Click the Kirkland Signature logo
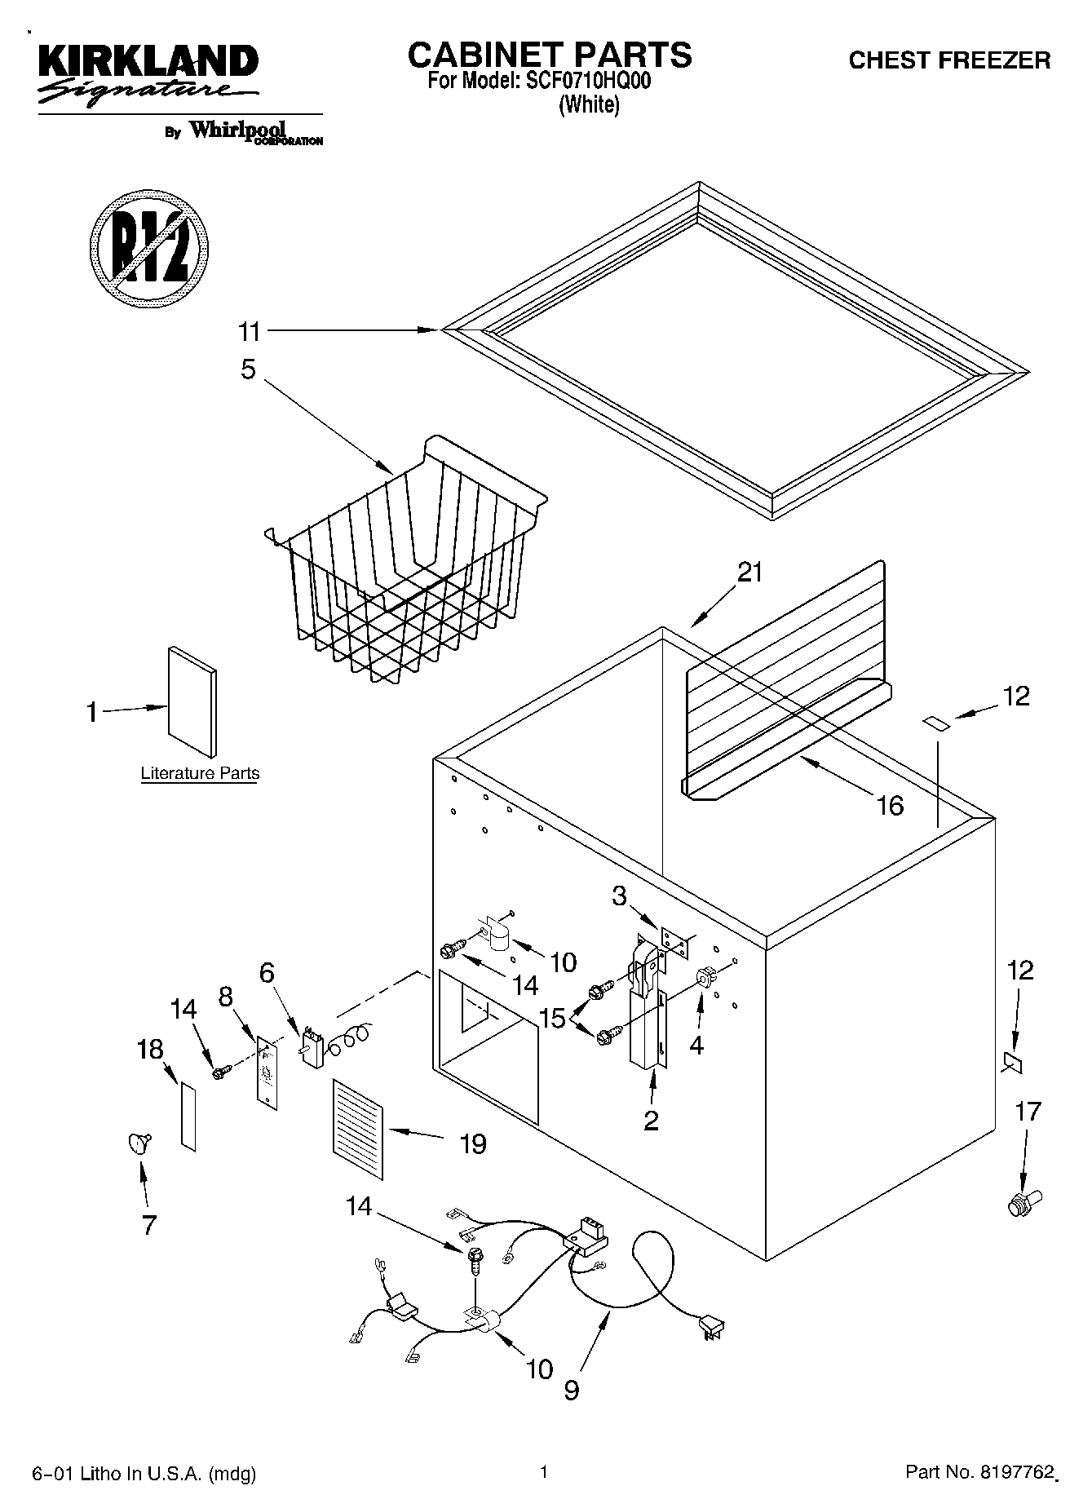click(147, 75)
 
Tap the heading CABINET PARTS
click(549, 55)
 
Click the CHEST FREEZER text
click(949, 60)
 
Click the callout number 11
click(249, 332)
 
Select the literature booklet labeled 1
click(192, 701)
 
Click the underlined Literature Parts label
click(200, 773)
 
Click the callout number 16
click(890, 806)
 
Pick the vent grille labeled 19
click(357, 1129)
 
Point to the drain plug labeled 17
click(1019, 1203)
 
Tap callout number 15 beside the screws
click(552, 1018)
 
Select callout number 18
click(150, 1049)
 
